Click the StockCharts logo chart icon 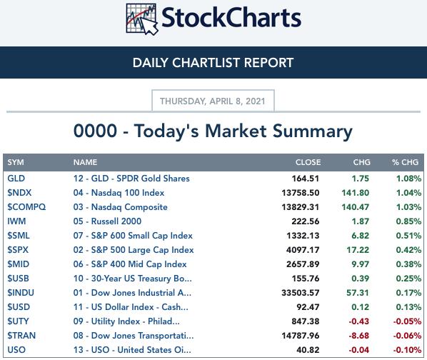(142, 19)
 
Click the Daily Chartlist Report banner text (213, 63)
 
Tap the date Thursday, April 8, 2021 (212, 101)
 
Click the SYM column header (16, 162)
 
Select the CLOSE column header (308, 162)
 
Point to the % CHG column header (405, 162)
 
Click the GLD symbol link (16, 179)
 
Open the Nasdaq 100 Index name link (119, 193)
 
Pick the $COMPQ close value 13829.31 (301, 207)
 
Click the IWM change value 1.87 (361, 221)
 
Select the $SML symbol (19, 236)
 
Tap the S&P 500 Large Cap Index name (134, 250)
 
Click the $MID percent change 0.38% (408, 264)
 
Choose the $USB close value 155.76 (306, 279)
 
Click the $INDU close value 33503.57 (301, 293)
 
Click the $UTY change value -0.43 (359, 321)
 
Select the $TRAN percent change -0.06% (408, 336)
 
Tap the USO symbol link (16, 350)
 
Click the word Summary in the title (313, 131)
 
